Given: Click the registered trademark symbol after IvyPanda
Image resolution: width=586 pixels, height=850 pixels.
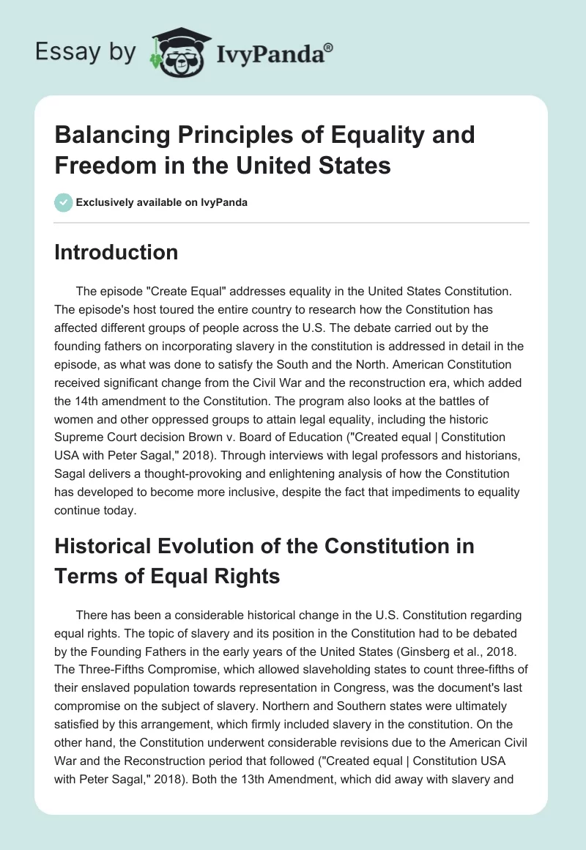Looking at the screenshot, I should tap(329, 47).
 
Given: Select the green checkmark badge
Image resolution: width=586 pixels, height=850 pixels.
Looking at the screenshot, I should tap(64, 202).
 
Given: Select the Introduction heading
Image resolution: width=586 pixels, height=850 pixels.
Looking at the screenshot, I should tap(116, 252).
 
